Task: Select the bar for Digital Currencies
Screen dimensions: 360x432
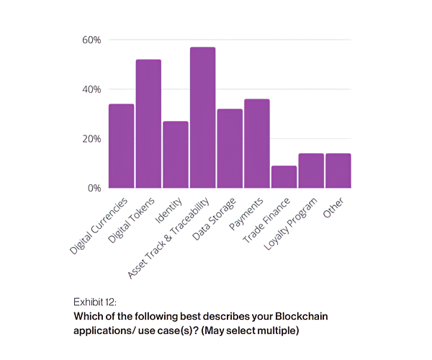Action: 121,146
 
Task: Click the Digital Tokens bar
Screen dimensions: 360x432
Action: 148,124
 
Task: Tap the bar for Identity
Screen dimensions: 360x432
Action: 176,155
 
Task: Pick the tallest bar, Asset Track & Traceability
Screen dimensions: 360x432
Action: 202,117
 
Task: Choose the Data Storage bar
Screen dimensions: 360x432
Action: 230,148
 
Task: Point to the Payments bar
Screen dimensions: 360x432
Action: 256,143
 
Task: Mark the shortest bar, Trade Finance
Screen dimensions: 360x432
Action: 284,177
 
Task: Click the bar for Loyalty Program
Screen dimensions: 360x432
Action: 311,171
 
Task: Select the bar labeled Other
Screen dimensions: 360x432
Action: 338,171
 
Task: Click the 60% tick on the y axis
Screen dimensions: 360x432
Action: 91,40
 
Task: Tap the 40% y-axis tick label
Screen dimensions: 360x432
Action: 91,89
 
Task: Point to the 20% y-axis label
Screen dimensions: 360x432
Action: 91,139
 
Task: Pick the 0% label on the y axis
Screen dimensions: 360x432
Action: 94,189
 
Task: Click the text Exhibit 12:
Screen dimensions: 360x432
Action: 94,301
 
